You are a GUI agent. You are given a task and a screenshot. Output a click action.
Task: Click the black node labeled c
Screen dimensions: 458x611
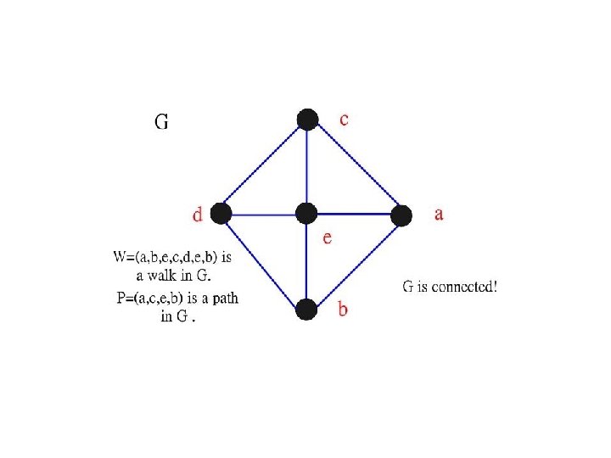click(x=307, y=119)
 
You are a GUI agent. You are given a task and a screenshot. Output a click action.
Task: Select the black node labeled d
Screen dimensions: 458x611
click(x=221, y=214)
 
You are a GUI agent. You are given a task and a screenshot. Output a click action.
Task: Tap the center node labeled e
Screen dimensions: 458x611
click(x=306, y=214)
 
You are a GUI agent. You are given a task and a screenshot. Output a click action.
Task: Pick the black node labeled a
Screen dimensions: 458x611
click(x=401, y=215)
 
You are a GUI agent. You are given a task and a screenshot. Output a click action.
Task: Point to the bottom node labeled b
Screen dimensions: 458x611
click(x=306, y=310)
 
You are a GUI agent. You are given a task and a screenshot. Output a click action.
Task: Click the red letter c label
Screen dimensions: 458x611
click(x=343, y=120)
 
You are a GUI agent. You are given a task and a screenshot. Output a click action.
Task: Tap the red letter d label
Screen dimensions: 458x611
click(x=198, y=215)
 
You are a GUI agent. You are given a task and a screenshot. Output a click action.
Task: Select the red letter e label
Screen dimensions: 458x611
click(x=327, y=238)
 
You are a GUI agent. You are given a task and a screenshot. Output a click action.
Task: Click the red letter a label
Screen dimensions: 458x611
click(x=439, y=215)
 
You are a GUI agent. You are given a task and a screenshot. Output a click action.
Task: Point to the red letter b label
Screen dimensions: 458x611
click(x=343, y=310)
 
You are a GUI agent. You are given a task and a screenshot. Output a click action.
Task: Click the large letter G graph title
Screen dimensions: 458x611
click(x=161, y=122)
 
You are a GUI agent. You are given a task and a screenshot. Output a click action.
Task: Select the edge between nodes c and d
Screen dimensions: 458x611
click(x=264, y=166)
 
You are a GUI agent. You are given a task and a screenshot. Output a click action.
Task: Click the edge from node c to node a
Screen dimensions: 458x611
click(x=355, y=167)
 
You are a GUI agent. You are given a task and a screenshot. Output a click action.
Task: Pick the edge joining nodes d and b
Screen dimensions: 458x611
click(x=264, y=262)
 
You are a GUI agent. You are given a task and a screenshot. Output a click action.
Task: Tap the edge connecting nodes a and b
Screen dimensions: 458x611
click(x=354, y=262)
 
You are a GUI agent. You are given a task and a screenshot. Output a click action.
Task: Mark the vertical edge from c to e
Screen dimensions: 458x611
click(x=306, y=166)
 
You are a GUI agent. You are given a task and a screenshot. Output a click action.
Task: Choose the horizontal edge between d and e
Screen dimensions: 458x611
click(x=264, y=214)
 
